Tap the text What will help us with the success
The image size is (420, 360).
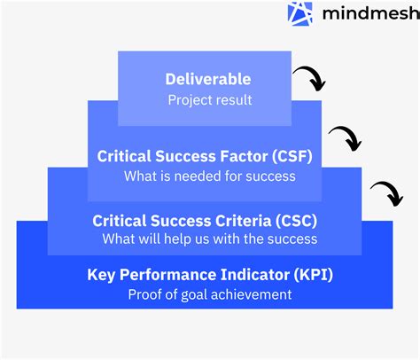210,239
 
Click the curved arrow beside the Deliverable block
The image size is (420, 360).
310,79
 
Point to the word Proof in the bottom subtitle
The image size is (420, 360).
144,294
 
